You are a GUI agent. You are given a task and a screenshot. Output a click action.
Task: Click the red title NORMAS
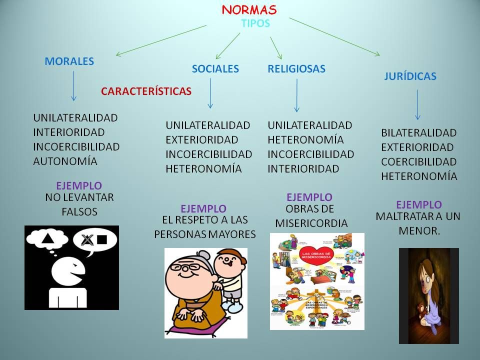249,10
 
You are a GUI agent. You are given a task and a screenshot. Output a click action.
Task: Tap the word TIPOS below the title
255,23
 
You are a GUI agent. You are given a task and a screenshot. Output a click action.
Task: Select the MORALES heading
69,61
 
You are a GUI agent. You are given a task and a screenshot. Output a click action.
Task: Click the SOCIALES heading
215,69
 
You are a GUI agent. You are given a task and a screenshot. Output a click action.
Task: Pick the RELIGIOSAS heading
296,69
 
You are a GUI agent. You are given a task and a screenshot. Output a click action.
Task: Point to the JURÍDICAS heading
410,76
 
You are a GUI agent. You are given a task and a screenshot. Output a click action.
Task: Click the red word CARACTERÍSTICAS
146,91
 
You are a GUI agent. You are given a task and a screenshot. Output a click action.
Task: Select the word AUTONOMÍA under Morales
65,161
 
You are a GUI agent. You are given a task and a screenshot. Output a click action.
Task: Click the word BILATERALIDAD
419,133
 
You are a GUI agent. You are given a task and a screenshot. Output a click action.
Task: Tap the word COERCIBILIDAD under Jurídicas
419,162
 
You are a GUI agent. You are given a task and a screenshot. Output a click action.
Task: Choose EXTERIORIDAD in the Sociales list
201,140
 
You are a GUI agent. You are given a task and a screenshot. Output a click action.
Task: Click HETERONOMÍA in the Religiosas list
305,140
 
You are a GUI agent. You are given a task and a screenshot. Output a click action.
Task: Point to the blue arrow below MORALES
74,86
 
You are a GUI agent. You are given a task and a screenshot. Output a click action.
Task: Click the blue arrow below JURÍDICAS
417,104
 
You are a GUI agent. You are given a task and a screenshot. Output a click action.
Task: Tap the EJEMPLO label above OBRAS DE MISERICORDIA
309,197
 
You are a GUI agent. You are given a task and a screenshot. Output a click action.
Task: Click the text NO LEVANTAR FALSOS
79,204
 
